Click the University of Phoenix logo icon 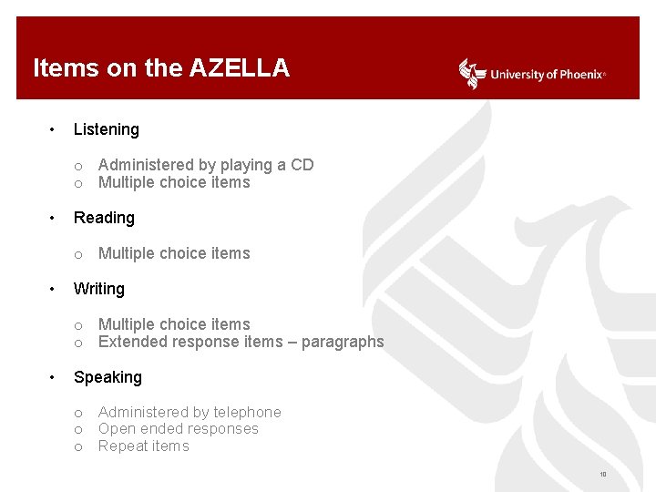[472, 74]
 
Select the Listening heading [107, 129]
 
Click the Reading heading [104, 218]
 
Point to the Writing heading [99, 289]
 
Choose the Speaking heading [108, 377]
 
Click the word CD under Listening [302, 165]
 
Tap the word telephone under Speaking [247, 413]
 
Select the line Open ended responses [179, 429]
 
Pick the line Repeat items [144, 446]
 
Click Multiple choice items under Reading [174, 253]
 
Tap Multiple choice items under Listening [174, 182]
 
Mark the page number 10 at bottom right [603, 475]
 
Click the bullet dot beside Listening [55, 129]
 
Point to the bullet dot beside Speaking [55, 377]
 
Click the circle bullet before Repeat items [79, 446]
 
